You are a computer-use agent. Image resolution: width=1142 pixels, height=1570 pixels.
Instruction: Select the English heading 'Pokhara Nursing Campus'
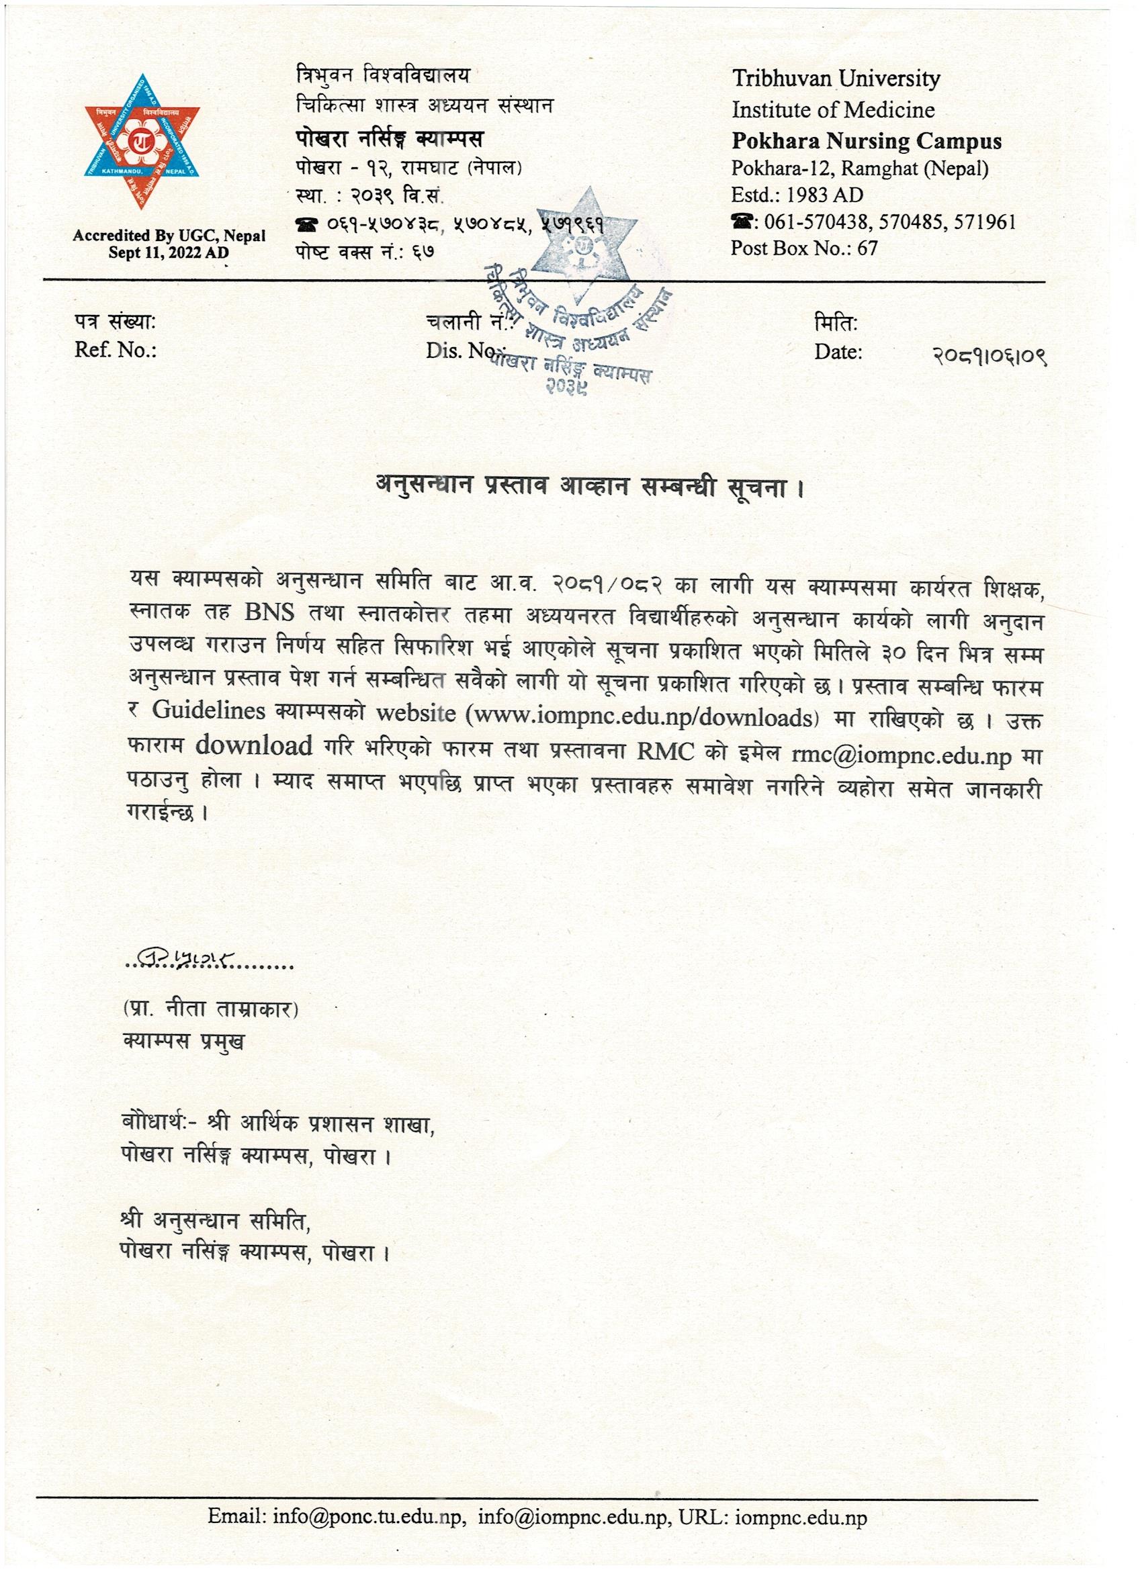point(867,142)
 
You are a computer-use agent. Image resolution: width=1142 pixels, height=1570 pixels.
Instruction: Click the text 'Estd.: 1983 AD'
point(797,195)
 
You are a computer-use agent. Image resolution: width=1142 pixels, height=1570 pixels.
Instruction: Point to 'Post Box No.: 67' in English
point(803,248)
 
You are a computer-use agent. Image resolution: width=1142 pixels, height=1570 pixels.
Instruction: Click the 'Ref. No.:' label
point(116,351)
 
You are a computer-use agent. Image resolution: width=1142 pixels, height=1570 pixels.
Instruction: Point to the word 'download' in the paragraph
point(253,746)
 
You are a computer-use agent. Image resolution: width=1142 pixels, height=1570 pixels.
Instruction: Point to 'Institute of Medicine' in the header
point(833,110)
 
